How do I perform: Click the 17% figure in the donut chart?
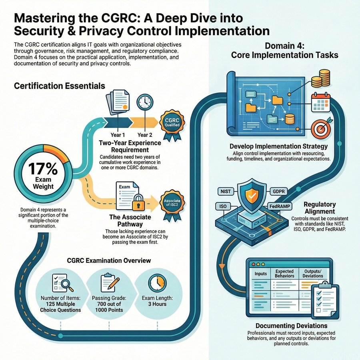coord(43,169)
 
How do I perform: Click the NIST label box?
coord(226,192)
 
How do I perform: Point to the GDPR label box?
coord(279,192)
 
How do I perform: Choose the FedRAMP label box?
coord(280,206)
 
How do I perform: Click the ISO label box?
coord(223,206)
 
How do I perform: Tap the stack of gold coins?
coord(321,78)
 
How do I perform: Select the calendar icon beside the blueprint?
coord(320,102)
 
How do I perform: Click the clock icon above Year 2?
coord(145,102)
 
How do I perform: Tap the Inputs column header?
coord(260,274)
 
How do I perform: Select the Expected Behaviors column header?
coord(284,274)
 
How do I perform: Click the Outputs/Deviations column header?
coord(313,274)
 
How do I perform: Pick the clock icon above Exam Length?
coord(157,283)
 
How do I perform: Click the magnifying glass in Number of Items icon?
coord(66,285)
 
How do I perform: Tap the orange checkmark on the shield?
coord(252,196)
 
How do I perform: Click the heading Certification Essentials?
coord(60,86)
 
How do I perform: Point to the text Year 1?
coord(118,135)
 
